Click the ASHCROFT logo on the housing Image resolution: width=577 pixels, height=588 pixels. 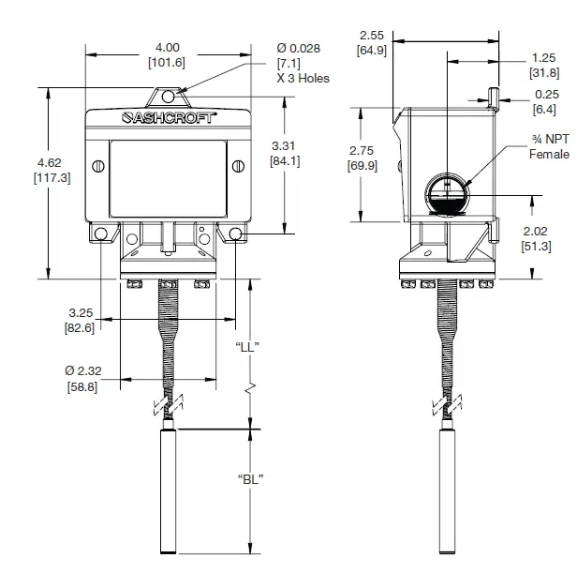click(x=169, y=119)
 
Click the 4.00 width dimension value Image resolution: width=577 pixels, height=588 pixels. click(x=168, y=47)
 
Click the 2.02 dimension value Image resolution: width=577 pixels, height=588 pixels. click(x=536, y=232)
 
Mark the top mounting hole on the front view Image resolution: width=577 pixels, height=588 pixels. click(x=169, y=96)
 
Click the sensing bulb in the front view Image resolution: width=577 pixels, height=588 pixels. click(x=170, y=490)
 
